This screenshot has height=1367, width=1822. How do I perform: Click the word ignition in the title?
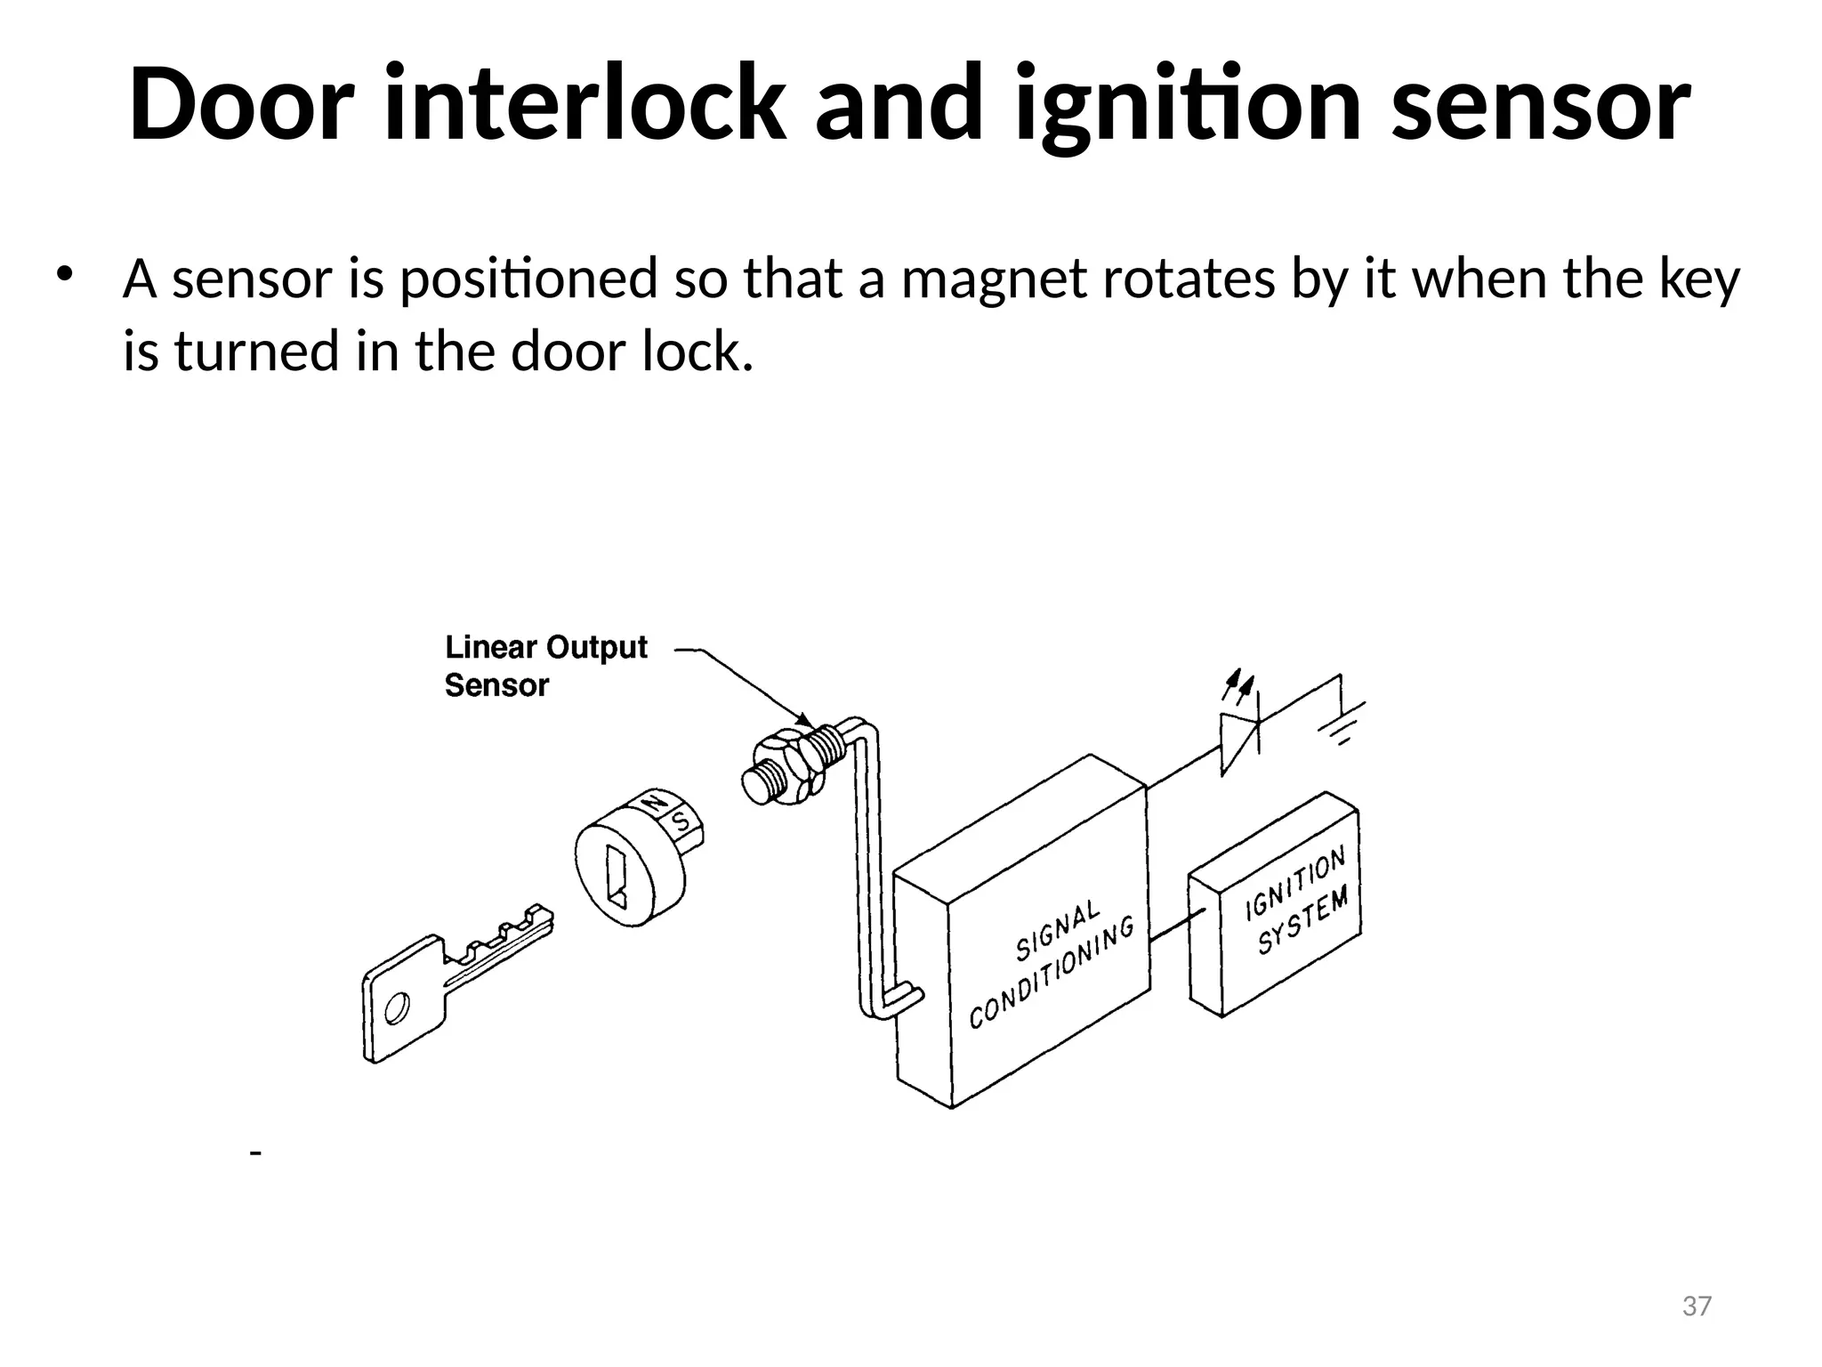tap(1188, 105)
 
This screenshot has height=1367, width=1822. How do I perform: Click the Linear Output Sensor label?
tap(544, 666)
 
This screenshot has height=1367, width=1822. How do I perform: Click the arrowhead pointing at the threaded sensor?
tap(803, 719)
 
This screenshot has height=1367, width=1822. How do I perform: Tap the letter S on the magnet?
tap(681, 821)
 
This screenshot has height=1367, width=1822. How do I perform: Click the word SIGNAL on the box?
tap(1058, 932)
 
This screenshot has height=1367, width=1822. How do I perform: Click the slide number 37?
tap(1697, 1306)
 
